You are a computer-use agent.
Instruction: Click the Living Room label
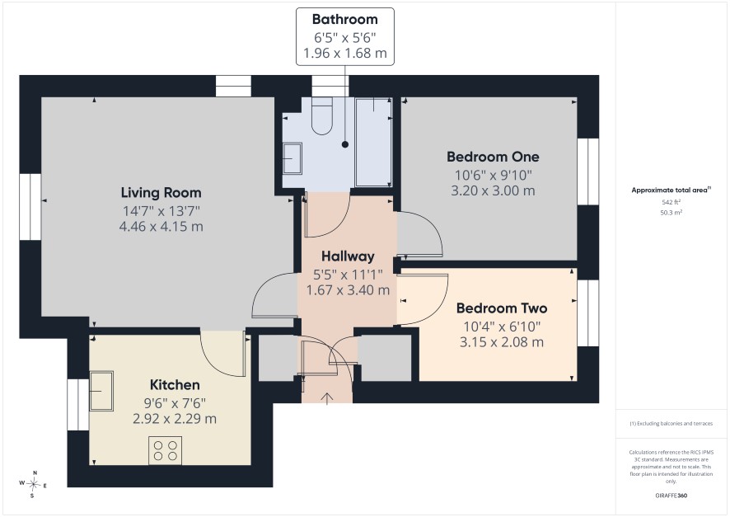[161, 192]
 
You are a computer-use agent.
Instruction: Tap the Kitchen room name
[175, 385]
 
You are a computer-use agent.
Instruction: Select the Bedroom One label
[493, 157]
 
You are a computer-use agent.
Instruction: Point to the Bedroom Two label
[502, 308]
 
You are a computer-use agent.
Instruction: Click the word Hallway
[348, 256]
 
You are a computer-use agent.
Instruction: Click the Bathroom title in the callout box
[345, 19]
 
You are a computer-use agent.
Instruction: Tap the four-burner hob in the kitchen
[166, 450]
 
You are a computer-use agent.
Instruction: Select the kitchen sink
[101, 390]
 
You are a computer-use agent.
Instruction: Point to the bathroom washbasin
[292, 158]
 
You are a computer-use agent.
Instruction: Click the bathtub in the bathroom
[373, 142]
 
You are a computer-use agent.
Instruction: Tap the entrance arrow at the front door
[327, 399]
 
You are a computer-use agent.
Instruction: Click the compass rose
[33, 484]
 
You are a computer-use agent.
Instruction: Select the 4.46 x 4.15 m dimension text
[161, 227]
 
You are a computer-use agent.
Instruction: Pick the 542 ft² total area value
[671, 202]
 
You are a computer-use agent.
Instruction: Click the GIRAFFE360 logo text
[671, 495]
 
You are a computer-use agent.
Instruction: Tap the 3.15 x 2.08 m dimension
[502, 342]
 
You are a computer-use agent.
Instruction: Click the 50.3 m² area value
[671, 213]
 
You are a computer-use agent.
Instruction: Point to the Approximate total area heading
[671, 190]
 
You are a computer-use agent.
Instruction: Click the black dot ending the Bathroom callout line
[345, 144]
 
